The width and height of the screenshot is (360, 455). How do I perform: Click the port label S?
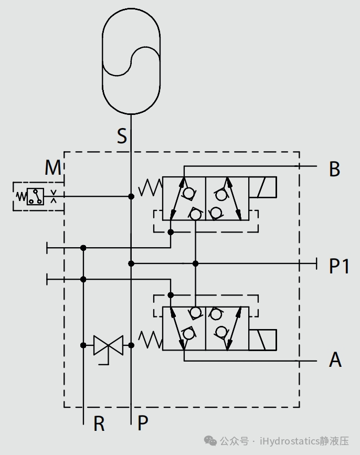tap(122, 136)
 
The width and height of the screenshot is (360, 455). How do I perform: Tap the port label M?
tap(53, 167)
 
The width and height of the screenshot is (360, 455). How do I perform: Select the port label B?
tap(334, 169)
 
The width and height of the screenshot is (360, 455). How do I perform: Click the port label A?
tap(335, 359)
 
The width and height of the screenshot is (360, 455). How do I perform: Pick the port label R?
tap(99, 424)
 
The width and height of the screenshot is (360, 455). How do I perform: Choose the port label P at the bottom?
tap(143, 423)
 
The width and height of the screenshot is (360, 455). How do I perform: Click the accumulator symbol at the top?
tap(131, 61)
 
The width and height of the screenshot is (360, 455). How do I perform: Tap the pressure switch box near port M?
tap(35, 196)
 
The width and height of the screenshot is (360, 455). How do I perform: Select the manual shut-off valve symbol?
tap(108, 345)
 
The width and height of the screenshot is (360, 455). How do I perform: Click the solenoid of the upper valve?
tap(262, 187)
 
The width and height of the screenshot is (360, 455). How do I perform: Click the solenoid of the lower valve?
tap(262, 340)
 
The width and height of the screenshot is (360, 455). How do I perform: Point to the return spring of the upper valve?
tap(150, 187)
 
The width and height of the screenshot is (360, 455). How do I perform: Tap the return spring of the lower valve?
tap(150, 340)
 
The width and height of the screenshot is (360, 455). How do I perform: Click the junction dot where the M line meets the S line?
tap(131, 196)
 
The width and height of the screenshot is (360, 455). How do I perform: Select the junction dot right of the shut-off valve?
tap(131, 345)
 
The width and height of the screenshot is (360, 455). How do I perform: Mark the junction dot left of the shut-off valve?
tap(83, 345)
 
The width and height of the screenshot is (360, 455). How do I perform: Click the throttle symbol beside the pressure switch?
tap(54, 196)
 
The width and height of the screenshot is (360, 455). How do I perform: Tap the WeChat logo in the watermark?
tap(210, 441)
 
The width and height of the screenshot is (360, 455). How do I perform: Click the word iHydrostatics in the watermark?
tap(290, 441)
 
